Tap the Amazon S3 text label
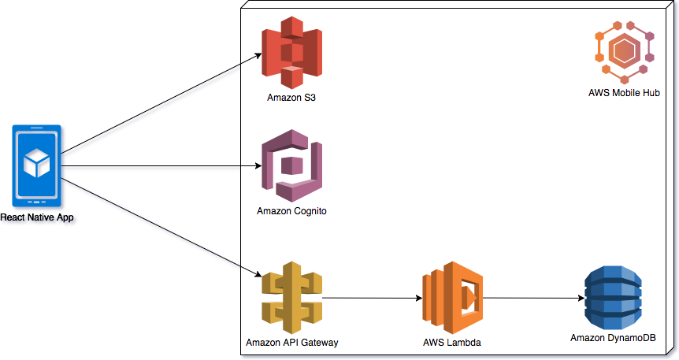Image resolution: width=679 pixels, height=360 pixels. pyautogui.click(x=292, y=98)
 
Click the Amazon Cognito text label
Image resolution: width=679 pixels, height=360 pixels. pyautogui.click(x=291, y=211)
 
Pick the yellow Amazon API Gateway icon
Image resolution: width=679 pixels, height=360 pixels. pyautogui.click(x=292, y=299)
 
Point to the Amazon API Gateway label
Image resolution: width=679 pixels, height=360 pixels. pyautogui.click(x=292, y=343)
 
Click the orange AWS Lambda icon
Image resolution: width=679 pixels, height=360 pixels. pyautogui.click(x=452, y=299)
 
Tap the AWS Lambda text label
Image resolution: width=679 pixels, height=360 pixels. pyautogui.click(x=451, y=343)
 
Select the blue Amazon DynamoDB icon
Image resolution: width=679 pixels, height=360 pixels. pyautogui.click(x=613, y=299)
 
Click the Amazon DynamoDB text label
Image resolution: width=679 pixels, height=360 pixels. pyautogui.click(x=613, y=338)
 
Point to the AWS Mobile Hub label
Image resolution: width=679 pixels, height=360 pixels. pyautogui.click(x=624, y=93)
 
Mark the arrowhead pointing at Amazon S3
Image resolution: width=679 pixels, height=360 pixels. pyautogui.click(x=258, y=56)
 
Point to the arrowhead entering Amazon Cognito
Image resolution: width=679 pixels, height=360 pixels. pyautogui.click(x=258, y=167)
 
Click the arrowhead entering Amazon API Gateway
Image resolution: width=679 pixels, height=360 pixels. pyautogui.click(x=258, y=273)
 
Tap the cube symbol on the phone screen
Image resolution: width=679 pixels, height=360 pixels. pyautogui.click(x=37, y=163)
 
